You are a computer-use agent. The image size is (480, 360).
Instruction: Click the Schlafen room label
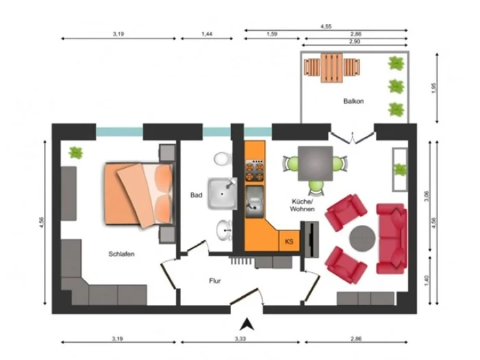121,254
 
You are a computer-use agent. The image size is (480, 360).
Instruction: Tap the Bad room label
196,195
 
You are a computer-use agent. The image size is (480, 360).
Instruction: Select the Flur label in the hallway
215,280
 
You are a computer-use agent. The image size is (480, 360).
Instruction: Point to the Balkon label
354,101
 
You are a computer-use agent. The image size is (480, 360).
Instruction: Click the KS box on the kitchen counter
289,241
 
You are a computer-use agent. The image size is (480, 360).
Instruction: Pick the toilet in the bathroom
223,159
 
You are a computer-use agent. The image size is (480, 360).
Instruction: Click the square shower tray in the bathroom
223,193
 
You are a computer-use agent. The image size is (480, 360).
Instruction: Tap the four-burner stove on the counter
254,171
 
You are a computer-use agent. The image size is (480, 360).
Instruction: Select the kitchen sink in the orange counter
254,202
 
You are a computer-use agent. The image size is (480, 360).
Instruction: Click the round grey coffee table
363,239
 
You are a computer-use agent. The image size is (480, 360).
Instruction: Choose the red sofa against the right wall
392,239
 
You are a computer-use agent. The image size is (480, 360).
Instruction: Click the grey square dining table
315,163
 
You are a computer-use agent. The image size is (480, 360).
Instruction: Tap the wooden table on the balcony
332,68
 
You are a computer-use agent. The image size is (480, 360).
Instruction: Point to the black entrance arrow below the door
247,325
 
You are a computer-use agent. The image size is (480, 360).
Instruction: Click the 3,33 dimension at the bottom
240,339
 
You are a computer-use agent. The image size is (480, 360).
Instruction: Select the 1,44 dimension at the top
207,34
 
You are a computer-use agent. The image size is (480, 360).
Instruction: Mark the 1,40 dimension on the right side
427,280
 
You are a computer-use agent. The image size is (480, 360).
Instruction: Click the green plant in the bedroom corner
75,152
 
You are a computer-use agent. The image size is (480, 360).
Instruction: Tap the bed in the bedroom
139,195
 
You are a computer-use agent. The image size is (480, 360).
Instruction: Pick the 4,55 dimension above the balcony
326,27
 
